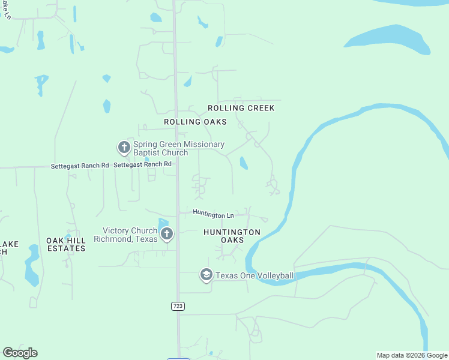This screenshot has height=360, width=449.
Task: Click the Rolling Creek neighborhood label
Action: pyautogui.click(x=241, y=108)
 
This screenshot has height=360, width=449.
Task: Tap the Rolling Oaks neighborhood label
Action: pyautogui.click(x=195, y=122)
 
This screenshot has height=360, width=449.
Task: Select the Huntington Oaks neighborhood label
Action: pyautogui.click(x=232, y=236)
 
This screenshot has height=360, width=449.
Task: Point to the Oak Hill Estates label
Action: pyautogui.click(x=66, y=244)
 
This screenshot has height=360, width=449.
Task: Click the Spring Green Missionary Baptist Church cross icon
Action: pyautogui.click(x=124, y=147)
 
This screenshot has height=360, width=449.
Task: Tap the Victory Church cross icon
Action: pyautogui.click(x=166, y=234)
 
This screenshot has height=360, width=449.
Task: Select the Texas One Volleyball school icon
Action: pyautogui.click(x=206, y=275)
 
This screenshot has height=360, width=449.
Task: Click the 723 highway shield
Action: pyautogui.click(x=178, y=306)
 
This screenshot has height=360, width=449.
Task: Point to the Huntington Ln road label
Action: pyautogui.click(x=213, y=214)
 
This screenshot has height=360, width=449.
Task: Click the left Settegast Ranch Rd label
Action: pyautogui.click(x=80, y=165)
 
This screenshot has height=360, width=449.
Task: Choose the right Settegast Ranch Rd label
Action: pyautogui.click(x=142, y=164)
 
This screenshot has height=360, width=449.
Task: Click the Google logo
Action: pyautogui.click(x=20, y=353)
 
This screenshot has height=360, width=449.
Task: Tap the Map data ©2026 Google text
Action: pyautogui.click(x=412, y=355)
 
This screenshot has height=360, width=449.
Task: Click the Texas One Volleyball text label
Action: pyautogui.click(x=255, y=276)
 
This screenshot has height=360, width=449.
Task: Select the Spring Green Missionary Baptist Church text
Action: pyautogui.click(x=179, y=148)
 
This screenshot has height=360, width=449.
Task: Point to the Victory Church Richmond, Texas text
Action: pyautogui.click(x=125, y=235)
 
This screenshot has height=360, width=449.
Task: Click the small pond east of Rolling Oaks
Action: pyautogui.click(x=243, y=163)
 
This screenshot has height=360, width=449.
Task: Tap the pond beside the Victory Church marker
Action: pyautogui.click(x=163, y=223)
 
